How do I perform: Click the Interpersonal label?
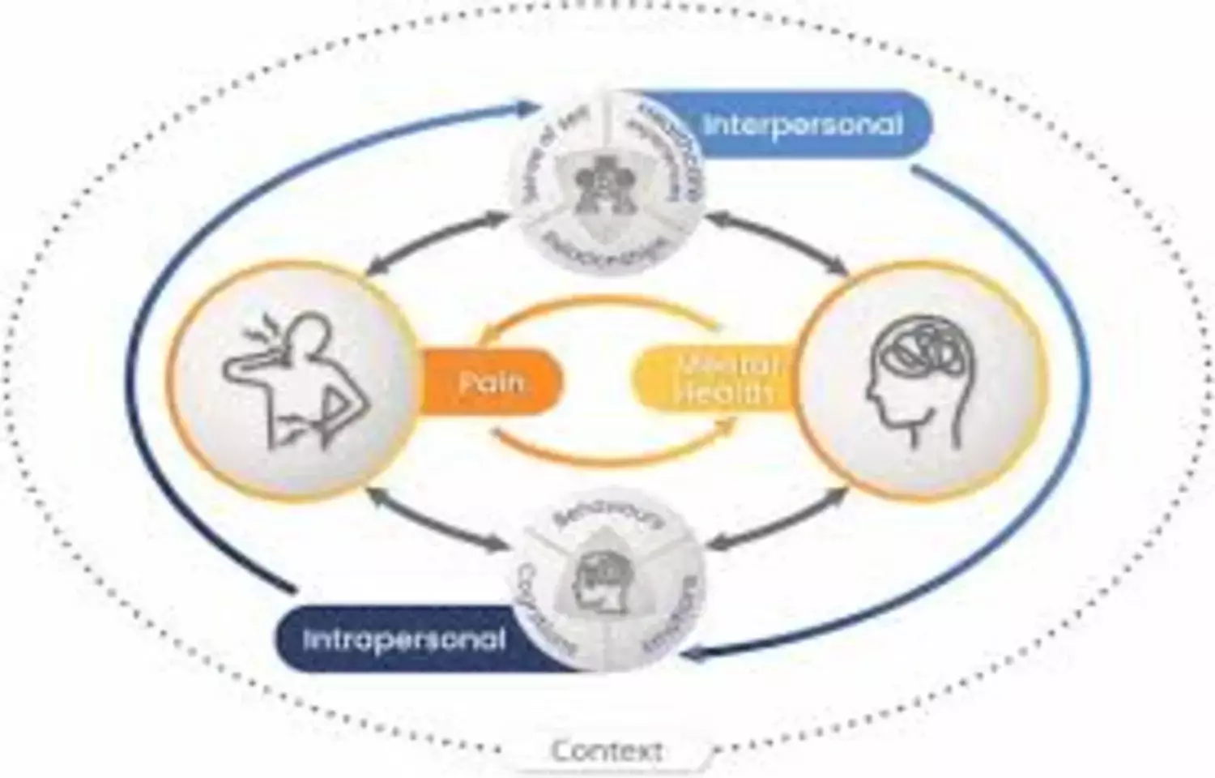click(802, 125)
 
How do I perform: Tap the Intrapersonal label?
click(403, 639)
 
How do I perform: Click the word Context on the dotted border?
click(607, 750)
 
